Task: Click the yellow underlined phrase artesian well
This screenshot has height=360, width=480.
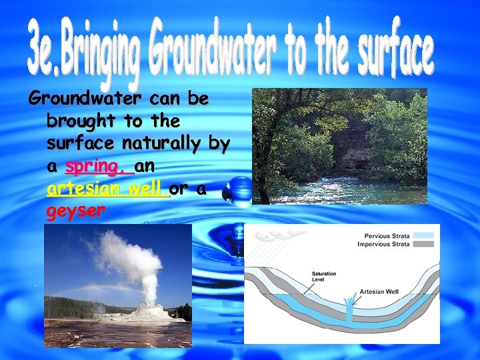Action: (107, 189)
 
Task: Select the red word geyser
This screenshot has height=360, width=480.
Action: (76, 212)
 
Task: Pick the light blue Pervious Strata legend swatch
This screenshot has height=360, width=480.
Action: (423, 235)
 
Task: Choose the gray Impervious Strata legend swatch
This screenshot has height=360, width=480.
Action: (423, 244)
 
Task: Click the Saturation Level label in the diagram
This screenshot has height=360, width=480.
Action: (324, 277)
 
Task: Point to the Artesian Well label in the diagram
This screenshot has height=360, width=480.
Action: (379, 291)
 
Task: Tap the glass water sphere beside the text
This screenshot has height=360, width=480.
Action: (236, 191)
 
